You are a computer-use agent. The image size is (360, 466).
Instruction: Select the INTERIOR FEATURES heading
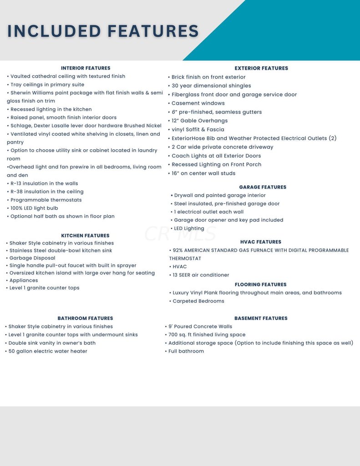point(86,68)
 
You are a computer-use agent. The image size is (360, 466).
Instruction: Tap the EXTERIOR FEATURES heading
point(261,68)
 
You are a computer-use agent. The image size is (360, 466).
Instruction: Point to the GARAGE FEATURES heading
point(263,187)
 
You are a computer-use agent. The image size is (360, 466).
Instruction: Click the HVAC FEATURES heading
point(261,242)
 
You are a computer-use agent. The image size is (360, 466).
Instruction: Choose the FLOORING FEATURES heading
point(261,284)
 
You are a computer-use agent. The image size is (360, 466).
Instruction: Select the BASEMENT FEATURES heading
point(261,318)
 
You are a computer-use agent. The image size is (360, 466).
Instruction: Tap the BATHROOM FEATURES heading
point(85,318)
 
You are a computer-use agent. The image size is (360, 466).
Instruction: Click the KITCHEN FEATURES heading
point(85,235)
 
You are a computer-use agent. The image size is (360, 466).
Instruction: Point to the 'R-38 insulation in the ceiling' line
point(47,192)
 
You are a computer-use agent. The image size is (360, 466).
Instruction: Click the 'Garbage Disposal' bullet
point(32,258)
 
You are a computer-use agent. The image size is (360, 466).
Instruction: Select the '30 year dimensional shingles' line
point(211,86)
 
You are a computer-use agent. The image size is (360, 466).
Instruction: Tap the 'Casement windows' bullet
point(198,103)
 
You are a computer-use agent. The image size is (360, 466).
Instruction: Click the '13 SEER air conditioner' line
point(200,275)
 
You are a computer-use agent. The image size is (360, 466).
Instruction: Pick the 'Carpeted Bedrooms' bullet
point(198,301)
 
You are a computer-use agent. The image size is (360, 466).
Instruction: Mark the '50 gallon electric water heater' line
point(48,351)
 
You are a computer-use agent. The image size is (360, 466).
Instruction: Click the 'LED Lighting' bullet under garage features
point(189,228)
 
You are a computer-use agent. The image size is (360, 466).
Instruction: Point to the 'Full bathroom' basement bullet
point(186,351)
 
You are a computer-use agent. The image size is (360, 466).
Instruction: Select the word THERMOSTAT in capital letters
point(185,258)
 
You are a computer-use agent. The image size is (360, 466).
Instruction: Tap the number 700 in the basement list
point(173,334)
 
